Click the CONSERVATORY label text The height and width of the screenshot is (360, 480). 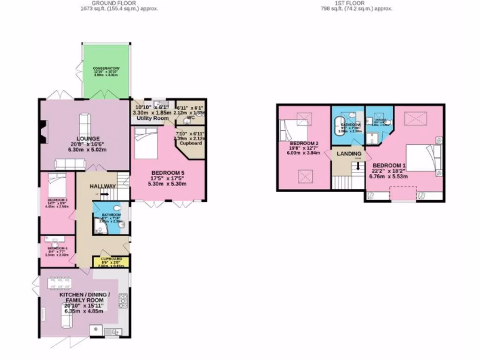pos(106,68)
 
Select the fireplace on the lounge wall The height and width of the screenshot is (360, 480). pos(43,131)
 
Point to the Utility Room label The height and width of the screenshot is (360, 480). pos(152,119)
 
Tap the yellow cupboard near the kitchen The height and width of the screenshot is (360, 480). pos(112,262)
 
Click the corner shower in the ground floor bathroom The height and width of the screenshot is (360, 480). pos(99,227)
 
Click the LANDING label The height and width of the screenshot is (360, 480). pos(349,154)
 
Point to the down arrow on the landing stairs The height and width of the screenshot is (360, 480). pos(358,165)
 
